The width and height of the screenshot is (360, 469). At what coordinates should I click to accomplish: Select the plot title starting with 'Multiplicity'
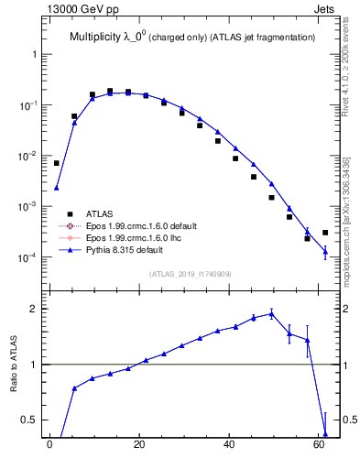[x=192, y=37]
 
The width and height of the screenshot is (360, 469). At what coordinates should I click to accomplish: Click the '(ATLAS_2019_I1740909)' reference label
[x=190, y=274]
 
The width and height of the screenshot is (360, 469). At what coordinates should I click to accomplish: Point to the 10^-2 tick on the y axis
[x=30, y=156]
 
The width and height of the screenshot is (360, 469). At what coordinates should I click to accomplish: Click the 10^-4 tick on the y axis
[x=30, y=257]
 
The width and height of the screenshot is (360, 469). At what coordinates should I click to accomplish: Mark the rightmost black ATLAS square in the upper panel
[x=325, y=233]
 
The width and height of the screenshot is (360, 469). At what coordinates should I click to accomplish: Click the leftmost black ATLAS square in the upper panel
[x=57, y=163]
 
